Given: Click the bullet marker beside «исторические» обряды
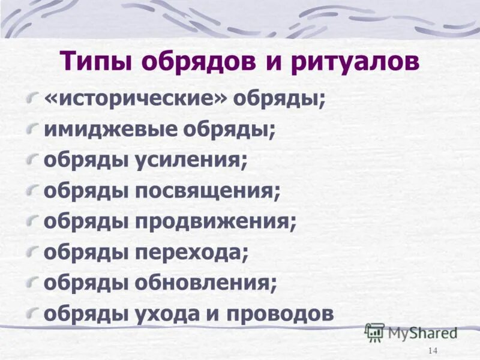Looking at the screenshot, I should pyautogui.click(x=35, y=97).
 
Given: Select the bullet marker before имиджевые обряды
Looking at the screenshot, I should pyautogui.click(x=35, y=128).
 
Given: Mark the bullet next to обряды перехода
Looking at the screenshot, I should pyautogui.click(x=35, y=250).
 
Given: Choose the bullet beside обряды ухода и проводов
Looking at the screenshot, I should pyautogui.click(x=35, y=311).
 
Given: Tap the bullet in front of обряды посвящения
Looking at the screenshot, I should pyautogui.click(x=35, y=189).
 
